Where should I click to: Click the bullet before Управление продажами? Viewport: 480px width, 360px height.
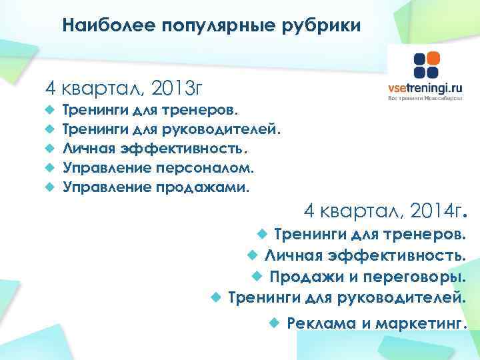pyautogui.click(x=49, y=187)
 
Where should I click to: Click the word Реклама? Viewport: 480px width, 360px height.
pyautogui.click(x=317, y=323)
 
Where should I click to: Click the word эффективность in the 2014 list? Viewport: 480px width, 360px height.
pyautogui.click(x=409, y=255)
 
